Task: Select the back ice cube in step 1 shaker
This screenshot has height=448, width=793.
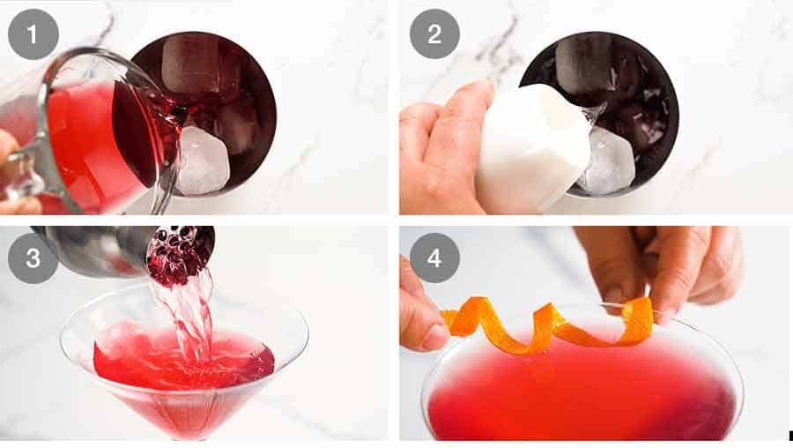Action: point(189,66)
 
